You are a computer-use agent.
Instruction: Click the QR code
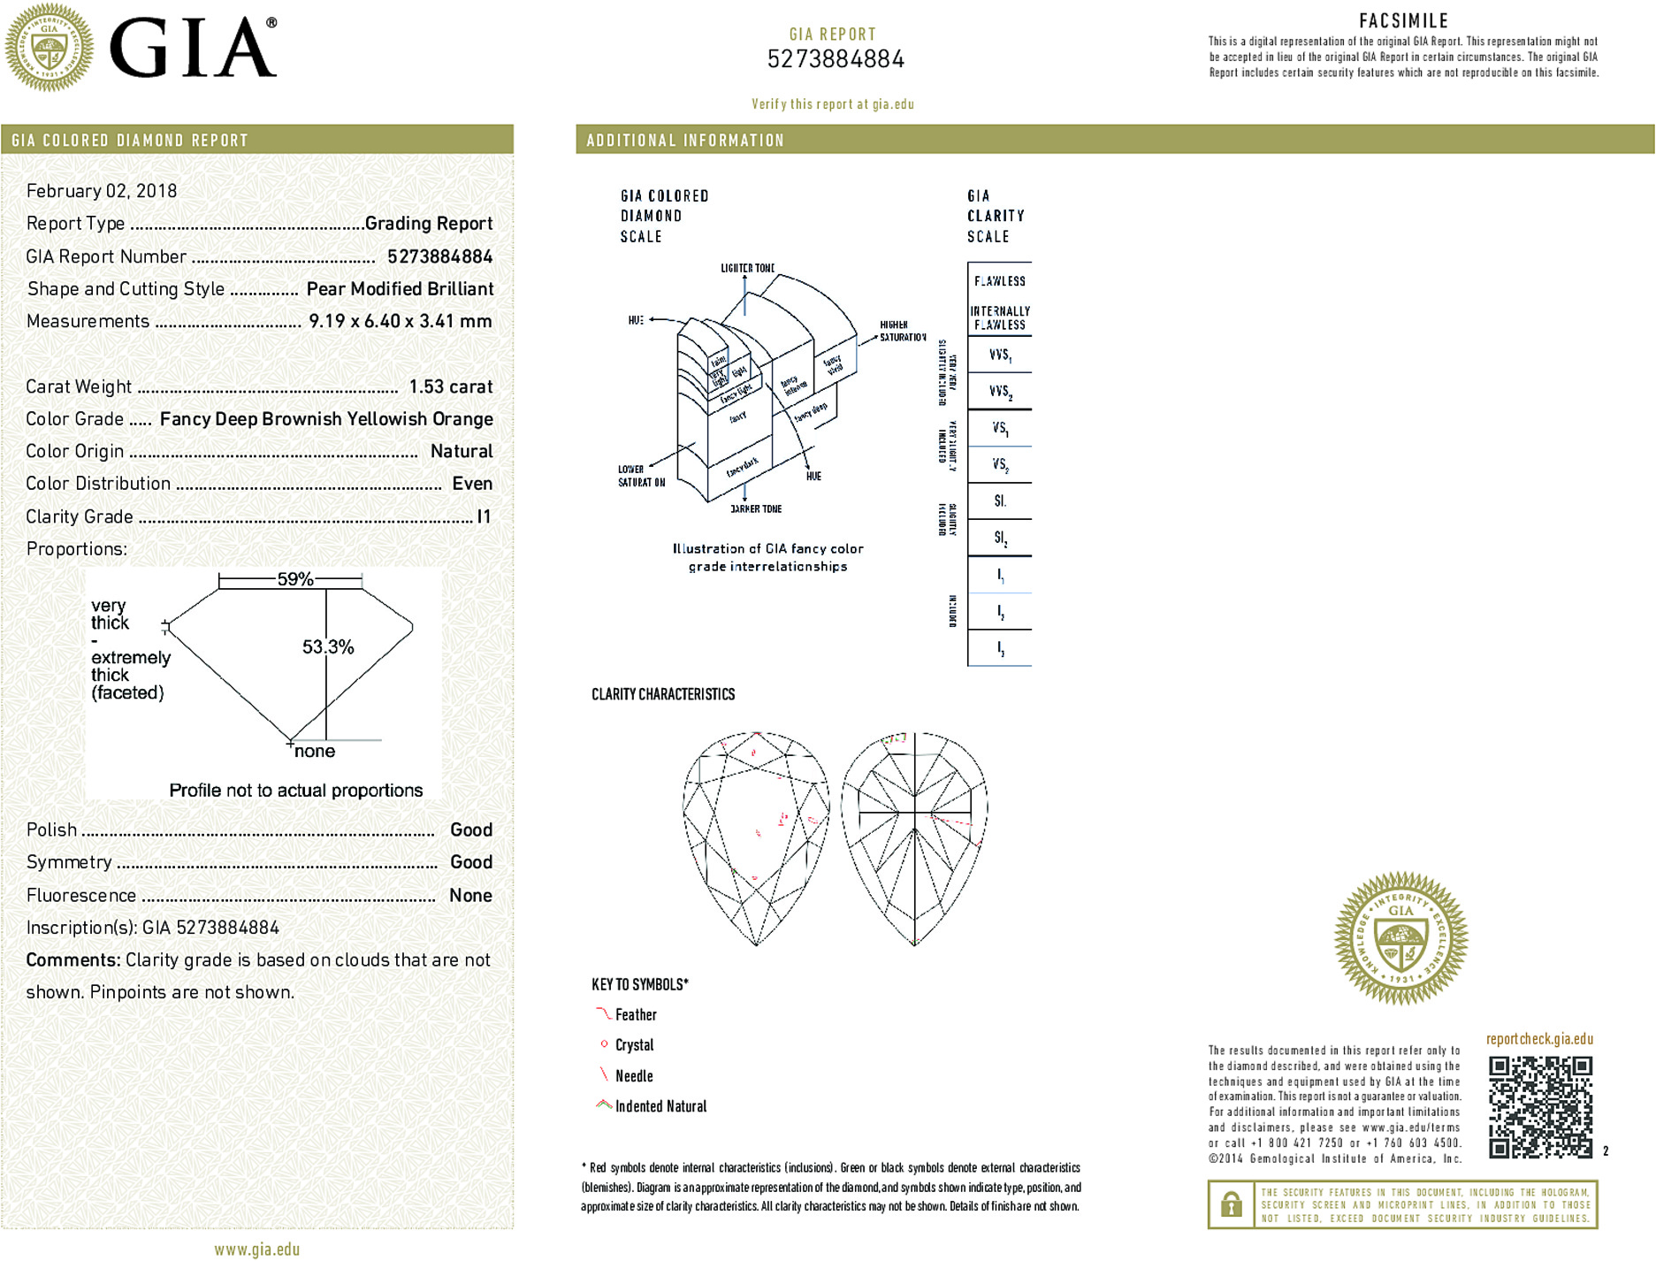1540,1106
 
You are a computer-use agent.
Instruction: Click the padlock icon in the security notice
1231,1204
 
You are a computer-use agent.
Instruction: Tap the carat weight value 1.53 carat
450,386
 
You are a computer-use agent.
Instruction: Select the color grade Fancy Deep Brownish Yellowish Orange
326,419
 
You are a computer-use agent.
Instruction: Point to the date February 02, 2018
102,191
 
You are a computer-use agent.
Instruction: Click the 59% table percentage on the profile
294,579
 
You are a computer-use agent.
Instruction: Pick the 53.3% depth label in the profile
328,647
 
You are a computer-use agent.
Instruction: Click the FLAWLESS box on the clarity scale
999,281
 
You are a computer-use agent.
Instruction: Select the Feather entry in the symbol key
635,1015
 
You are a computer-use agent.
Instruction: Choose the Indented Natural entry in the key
660,1106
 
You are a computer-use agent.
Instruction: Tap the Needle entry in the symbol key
633,1076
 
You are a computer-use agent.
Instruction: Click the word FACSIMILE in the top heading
1403,21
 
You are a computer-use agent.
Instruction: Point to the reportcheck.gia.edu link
1539,1039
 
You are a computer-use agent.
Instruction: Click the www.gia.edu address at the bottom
256,1250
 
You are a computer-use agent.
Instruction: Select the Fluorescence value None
470,895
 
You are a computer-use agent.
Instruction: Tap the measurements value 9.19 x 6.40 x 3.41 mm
400,321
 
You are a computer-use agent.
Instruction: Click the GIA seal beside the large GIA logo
49,47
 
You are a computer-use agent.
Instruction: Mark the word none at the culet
315,752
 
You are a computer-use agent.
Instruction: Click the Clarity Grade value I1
483,516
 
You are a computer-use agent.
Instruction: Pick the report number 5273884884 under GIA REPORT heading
836,59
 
